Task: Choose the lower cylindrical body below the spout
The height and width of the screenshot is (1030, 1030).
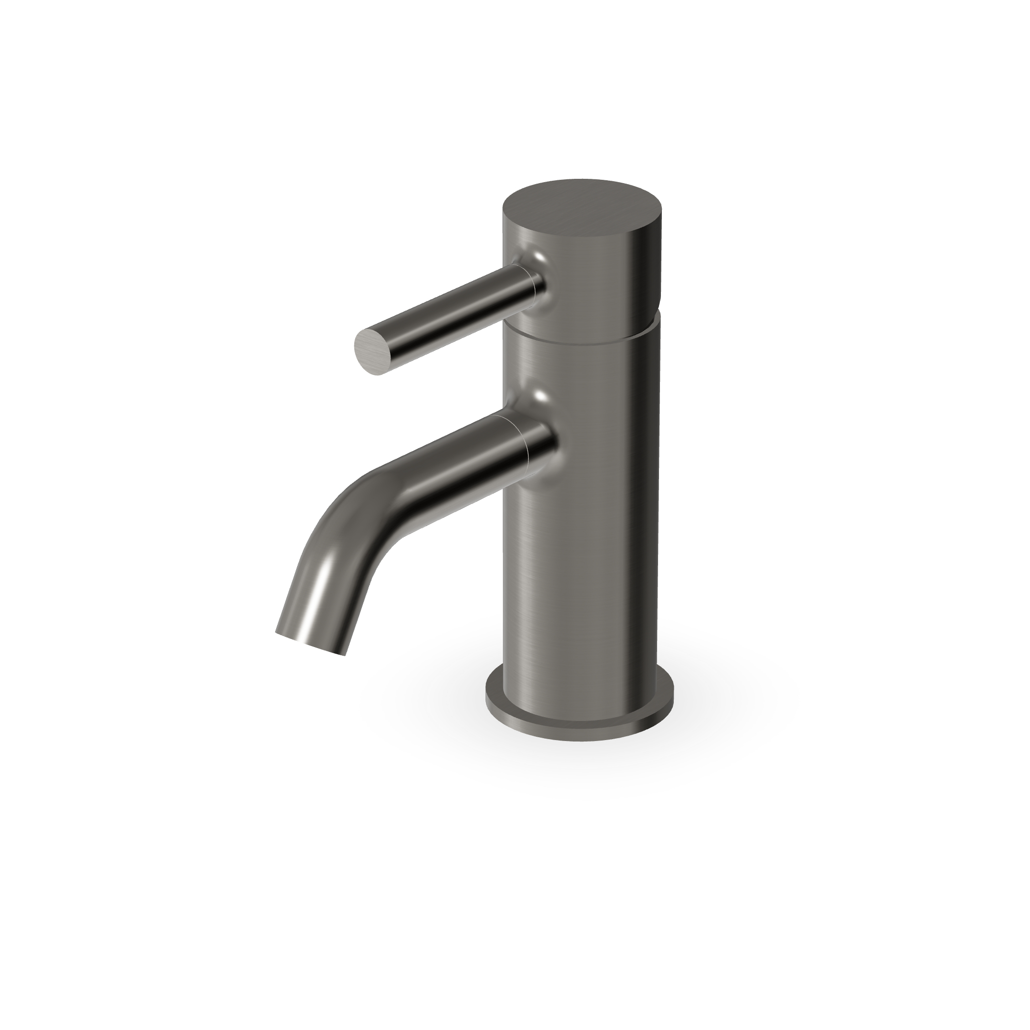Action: pyautogui.click(x=581, y=587)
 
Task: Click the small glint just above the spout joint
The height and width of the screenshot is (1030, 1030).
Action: pyautogui.click(x=539, y=397)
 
